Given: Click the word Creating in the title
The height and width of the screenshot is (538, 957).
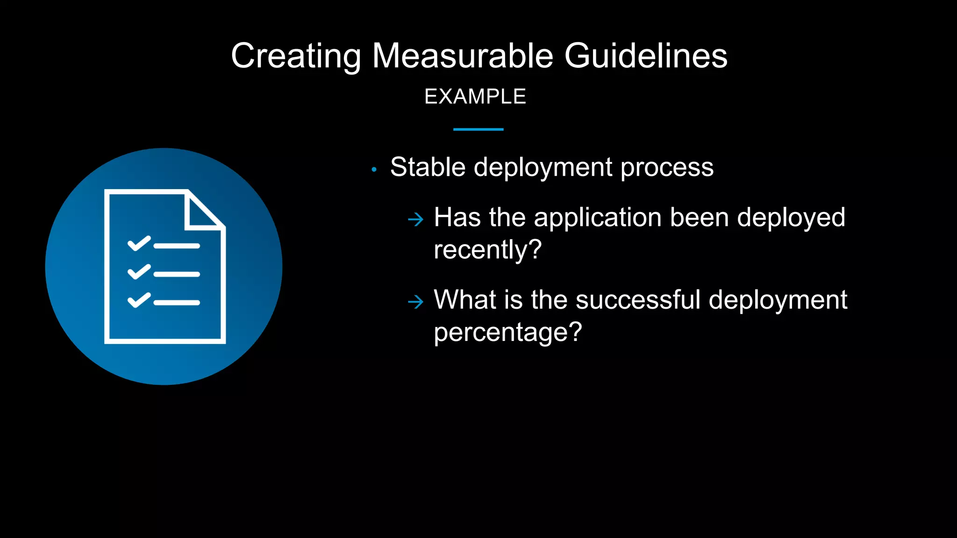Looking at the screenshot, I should point(295,56).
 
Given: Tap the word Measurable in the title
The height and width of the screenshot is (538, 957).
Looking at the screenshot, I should point(463,56).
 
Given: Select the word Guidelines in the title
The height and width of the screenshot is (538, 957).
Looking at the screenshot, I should point(646,56).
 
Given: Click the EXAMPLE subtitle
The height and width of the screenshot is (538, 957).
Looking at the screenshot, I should point(475,97).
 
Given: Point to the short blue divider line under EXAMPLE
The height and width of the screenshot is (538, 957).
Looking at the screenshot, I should point(478,129).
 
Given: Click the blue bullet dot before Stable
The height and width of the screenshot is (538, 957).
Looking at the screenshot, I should point(374,170).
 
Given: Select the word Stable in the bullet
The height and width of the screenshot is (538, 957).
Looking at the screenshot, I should point(428,167).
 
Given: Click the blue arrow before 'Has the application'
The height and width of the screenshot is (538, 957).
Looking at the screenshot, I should point(415,219).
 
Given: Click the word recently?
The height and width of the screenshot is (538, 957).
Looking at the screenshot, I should point(487,250).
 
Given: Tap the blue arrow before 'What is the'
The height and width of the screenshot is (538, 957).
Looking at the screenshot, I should point(415,302).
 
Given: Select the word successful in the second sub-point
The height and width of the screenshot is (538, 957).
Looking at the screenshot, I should point(638,300).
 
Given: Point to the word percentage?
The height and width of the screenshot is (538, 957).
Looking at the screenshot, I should point(508,333).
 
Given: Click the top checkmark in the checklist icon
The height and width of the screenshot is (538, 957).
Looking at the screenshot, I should point(139,243).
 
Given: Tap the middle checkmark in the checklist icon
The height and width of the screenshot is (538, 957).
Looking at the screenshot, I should point(139,272).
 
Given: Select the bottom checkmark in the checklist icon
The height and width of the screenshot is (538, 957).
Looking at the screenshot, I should point(139,300).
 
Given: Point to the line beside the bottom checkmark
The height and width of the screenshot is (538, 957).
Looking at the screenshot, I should point(177,303).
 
